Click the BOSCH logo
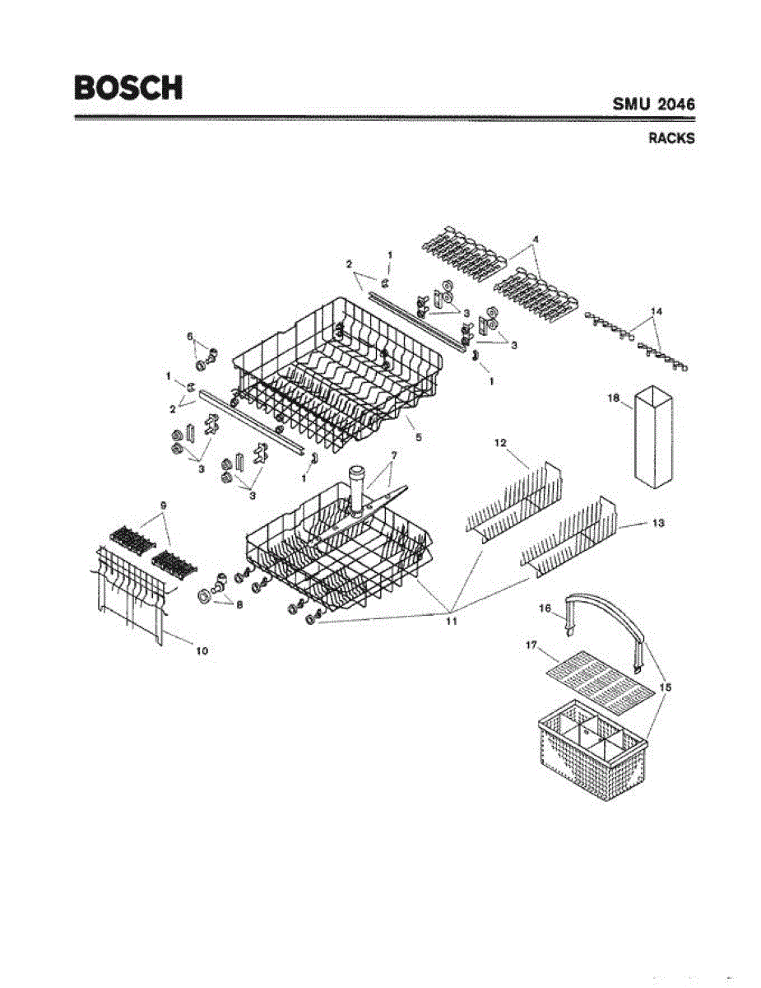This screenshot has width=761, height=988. point(128,87)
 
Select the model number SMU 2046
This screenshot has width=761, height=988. point(653,105)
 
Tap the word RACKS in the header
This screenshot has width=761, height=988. point(671,138)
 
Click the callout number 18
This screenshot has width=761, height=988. point(612,398)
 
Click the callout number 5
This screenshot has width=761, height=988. point(418,437)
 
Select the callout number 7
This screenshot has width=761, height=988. point(393,455)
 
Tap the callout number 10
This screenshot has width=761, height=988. point(202,650)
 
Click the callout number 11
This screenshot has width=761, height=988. point(451,622)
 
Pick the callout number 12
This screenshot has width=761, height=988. point(499,443)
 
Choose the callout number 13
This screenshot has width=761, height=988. point(658,523)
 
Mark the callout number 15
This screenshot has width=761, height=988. point(665,686)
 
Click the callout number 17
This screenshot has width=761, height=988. point(531,647)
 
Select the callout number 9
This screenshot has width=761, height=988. point(163,503)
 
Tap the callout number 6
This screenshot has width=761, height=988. point(190,336)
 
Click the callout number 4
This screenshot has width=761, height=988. point(536,239)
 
